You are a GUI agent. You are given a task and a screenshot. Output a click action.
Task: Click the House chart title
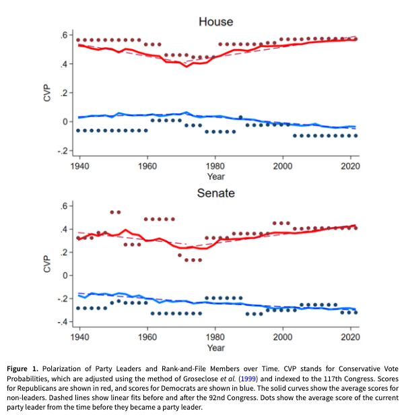click(x=215, y=22)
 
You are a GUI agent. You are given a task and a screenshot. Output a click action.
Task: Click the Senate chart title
click(x=215, y=193)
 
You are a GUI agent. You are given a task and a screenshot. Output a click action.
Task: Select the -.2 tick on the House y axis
click(x=62, y=151)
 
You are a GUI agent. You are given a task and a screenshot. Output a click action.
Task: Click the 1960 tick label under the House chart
click(x=147, y=166)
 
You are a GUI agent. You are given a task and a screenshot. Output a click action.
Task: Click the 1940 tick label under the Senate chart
click(x=79, y=336)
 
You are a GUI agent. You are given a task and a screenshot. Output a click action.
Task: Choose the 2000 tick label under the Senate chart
click(x=283, y=336)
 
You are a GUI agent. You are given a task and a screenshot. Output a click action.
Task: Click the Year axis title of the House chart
click(x=215, y=177)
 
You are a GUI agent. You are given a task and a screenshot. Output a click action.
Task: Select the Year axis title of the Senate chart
click(x=215, y=348)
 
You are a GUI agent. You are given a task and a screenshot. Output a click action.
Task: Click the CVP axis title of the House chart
click(x=47, y=92)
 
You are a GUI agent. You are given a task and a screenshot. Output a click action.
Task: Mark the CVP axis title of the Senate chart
click(x=47, y=263)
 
